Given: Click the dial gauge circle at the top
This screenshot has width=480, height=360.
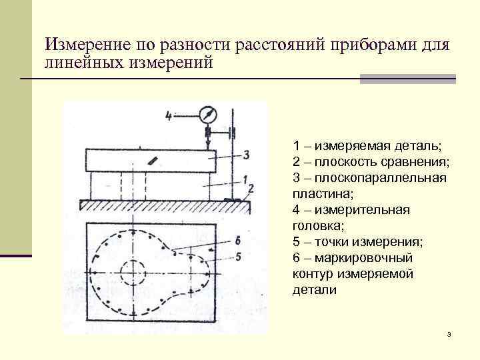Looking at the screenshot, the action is [208, 115].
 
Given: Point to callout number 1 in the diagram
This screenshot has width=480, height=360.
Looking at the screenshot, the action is [245, 179].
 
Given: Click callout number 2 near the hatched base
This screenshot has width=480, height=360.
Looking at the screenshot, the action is [251, 189].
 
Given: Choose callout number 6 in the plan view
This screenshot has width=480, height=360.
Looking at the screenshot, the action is [238, 241].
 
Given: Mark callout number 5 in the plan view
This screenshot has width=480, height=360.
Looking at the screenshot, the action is [238, 256].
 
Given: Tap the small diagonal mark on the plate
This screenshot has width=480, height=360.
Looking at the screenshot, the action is [154, 160].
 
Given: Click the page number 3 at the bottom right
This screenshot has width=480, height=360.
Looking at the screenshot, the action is [450, 333].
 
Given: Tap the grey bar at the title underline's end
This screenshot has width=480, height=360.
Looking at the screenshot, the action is [407, 79].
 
